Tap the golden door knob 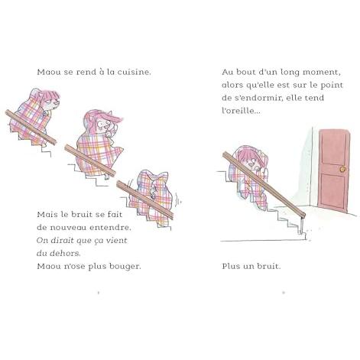[342, 169]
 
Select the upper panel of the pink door [333, 152]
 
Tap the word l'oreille [241, 111]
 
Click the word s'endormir [258, 98]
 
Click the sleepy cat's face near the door [251, 162]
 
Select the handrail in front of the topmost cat [31, 127]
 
